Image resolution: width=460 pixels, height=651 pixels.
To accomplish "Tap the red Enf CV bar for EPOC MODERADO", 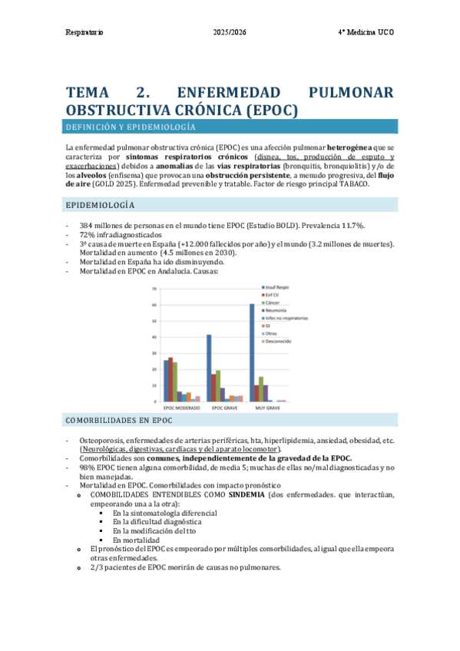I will tap(170, 379).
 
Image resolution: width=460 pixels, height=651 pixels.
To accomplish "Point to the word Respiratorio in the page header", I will tap(84, 34).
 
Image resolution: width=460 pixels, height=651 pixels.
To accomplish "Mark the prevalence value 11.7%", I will tap(351, 225).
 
